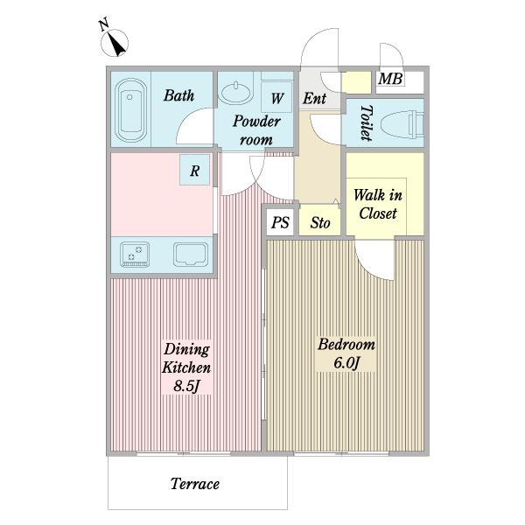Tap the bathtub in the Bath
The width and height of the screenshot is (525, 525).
pos(131,110)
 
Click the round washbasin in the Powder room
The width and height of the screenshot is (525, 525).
pos(236,92)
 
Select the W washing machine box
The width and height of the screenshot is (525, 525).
pos(276,97)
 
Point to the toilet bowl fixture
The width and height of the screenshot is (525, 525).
pos(402,125)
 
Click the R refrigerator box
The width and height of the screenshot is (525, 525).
pos(195,170)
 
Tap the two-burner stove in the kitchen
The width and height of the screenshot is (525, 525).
pos(135,254)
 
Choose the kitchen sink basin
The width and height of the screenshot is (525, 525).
pos(191,255)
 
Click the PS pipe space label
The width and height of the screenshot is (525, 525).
pos(280,222)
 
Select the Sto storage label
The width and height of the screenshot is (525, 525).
pos(320,222)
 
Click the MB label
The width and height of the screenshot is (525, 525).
pos(390,79)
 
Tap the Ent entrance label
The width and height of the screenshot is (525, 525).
pos(314,98)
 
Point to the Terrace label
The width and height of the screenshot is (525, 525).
pos(195,484)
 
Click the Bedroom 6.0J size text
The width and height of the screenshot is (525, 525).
pos(346,362)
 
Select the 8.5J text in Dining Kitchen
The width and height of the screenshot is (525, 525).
pos(186,386)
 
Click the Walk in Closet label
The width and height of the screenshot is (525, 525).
pos(378,204)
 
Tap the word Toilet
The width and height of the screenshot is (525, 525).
pos(367,122)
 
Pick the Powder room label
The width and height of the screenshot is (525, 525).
pos(256,130)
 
